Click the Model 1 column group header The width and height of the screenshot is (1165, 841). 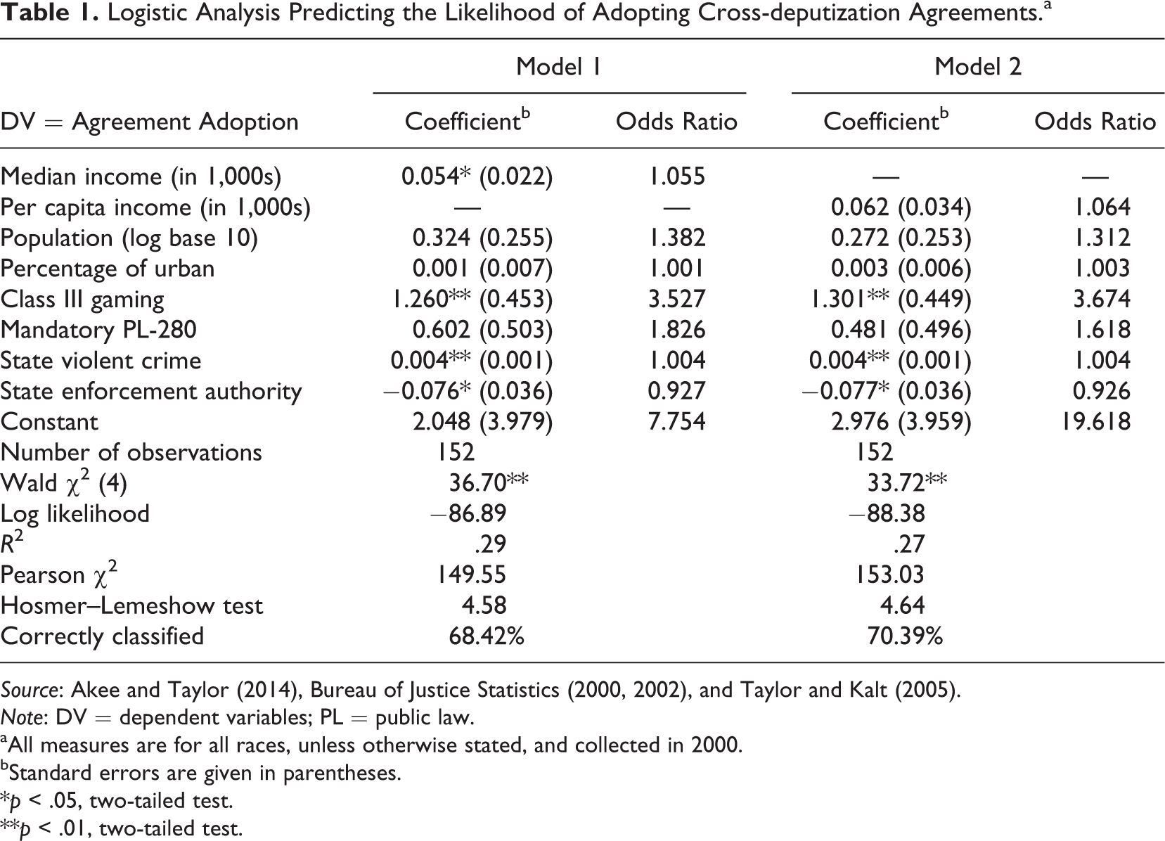pyautogui.click(x=558, y=67)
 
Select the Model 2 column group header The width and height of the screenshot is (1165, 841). pyautogui.click(x=978, y=67)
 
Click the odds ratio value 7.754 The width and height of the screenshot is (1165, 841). pyautogui.click(x=676, y=421)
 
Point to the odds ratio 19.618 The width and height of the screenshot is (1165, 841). pyautogui.click(x=1095, y=421)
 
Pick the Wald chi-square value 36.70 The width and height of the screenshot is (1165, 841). pyautogui.click(x=489, y=482)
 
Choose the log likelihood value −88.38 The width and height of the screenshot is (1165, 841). pyautogui.click(x=887, y=513)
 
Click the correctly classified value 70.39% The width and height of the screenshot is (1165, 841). pyautogui.click(x=905, y=636)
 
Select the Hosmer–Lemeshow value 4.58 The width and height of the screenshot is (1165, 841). pyautogui.click(x=484, y=605)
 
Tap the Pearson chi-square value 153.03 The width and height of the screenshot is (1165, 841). pyautogui.click(x=889, y=574)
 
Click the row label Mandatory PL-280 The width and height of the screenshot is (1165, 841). pyautogui.click(x=98, y=330)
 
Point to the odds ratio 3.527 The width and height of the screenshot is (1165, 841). pyautogui.click(x=676, y=299)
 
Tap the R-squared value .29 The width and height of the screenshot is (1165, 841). pyautogui.click(x=490, y=544)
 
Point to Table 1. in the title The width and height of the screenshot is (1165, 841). pyautogui.click(x=49, y=13)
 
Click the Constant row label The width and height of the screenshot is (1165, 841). pyautogui.click(x=49, y=421)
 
